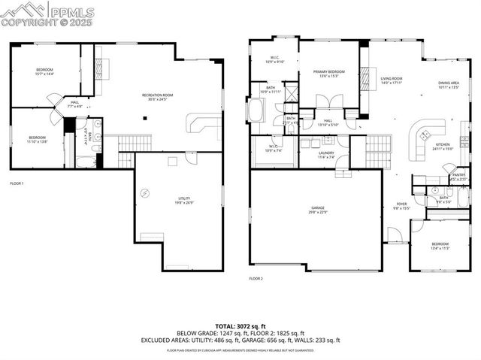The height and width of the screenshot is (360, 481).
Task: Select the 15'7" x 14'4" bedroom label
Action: [45, 72]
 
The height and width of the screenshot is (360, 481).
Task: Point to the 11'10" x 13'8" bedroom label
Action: [38, 140]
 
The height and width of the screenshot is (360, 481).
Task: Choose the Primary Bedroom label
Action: [328, 74]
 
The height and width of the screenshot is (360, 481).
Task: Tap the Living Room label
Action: [392, 80]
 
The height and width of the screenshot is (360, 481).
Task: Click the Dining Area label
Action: [449, 85]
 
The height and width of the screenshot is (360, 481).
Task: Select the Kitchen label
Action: [443, 146]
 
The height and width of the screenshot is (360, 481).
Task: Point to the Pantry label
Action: [458, 177]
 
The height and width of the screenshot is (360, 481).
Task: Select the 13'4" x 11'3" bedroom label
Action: [440, 246]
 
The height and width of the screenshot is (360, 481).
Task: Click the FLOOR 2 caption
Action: [256, 279]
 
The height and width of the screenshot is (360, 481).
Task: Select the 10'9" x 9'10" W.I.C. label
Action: [274, 60]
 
